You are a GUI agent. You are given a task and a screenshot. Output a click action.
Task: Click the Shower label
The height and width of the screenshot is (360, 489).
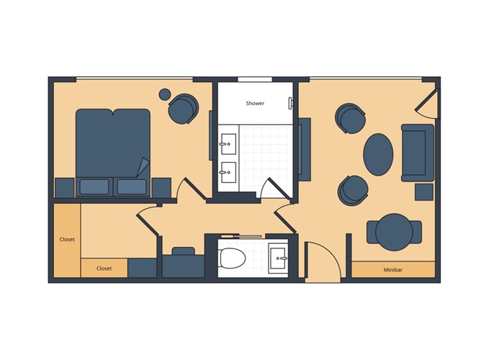(x=255, y=103)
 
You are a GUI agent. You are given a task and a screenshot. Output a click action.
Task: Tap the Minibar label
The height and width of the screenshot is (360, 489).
(x=392, y=270)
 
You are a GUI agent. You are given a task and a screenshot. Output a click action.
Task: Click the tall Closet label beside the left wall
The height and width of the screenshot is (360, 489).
(x=67, y=239)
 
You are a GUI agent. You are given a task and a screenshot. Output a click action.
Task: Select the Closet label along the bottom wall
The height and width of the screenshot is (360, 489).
(x=104, y=269)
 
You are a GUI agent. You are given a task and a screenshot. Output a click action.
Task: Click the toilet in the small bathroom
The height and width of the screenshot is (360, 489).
(x=233, y=258)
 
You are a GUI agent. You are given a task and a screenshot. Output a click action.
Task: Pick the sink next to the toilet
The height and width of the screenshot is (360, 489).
(x=277, y=258)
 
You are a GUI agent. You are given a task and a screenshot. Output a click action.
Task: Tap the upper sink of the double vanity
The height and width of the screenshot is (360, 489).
(x=228, y=144)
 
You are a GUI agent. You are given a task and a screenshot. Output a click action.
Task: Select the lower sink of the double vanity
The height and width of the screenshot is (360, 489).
(x=228, y=172)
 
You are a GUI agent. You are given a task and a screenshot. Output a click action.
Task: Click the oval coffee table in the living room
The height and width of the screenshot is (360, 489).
(x=378, y=155)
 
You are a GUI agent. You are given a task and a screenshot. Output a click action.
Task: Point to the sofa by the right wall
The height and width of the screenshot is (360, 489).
(x=417, y=153)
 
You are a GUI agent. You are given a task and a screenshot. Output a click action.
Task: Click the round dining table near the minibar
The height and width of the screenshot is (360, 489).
(x=394, y=232)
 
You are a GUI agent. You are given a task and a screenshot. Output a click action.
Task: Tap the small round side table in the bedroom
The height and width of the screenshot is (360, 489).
(x=165, y=94)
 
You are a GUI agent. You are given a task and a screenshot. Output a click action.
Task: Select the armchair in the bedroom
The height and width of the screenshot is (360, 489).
(x=183, y=109)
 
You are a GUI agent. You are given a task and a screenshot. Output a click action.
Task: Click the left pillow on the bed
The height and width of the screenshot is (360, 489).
(x=94, y=186)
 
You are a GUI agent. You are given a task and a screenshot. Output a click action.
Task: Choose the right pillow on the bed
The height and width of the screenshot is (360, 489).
(x=132, y=186)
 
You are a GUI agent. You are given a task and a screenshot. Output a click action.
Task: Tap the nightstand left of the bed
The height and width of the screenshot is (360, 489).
(x=65, y=188)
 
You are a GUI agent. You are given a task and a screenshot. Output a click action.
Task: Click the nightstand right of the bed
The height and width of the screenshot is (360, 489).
(x=161, y=188)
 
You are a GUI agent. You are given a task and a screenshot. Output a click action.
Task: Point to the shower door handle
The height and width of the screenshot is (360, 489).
(x=290, y=103)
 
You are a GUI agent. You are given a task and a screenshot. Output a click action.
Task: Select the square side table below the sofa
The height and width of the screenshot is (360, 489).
(x=423, y=192)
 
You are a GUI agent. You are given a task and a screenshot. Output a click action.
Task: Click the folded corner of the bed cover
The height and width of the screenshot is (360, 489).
(x=143, y=167)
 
